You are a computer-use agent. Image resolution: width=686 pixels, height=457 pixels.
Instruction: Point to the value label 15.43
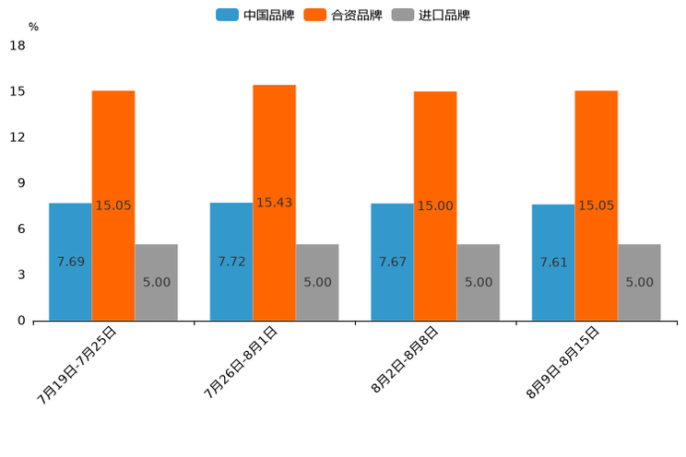pyautogui.click(x=275, y=203)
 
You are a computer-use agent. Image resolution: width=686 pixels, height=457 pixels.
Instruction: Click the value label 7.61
pyautogui.click(x=553, y=263)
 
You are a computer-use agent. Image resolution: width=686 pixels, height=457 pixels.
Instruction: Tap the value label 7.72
pyautogui.click(x=231, y=262)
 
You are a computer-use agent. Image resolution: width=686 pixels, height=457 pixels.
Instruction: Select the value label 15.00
pyautogui.click(x=435, y=206)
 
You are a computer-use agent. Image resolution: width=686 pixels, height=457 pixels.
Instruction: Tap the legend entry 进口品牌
pyautogui.click(x=432, y=15)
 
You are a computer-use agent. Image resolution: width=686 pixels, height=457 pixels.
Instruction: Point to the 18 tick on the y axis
pyautogui.click(x=18, y=45)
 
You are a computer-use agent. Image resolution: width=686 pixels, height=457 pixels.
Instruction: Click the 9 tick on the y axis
pyautogui.click(x=21, y=183)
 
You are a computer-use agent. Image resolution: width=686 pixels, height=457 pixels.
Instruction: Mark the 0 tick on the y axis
pyautogui.click(x=21, y=321)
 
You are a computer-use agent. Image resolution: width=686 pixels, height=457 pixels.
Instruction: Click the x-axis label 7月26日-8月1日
pyautogui.click(x=241, y=362)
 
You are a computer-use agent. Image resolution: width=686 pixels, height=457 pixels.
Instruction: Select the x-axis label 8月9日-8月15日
pyautogui.click(x=563, y=362)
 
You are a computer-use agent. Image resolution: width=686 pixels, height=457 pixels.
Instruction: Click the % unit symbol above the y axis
pyautogui.click(x=33, y=27)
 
